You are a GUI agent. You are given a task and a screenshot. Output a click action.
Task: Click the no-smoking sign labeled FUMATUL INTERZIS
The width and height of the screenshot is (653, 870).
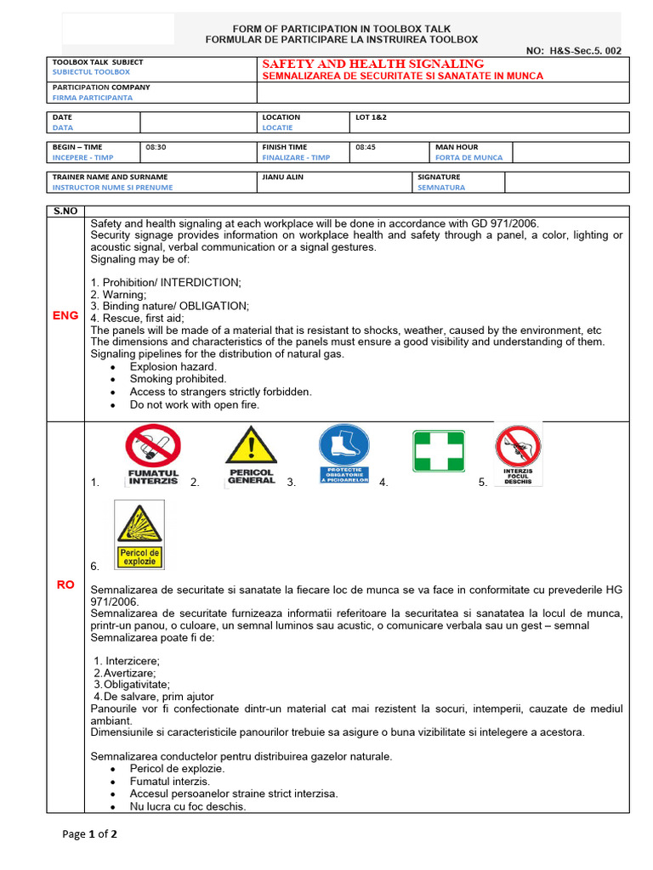(x=153, y=455)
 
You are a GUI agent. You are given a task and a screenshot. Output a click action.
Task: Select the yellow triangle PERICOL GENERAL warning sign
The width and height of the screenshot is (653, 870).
(x=251, y=455)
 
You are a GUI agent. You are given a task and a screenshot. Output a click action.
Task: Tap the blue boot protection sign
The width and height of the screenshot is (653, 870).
(x=344, y=455)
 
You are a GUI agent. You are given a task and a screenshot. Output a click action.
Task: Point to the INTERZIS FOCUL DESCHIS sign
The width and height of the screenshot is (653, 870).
(x=518, y=455)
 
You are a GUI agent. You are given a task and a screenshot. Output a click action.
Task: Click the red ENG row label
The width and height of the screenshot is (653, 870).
(x=65, y=315)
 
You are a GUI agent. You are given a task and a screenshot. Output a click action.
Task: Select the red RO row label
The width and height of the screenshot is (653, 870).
(x=65, y=585)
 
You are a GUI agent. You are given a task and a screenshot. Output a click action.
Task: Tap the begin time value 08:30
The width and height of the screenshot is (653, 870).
(x=156, y=147)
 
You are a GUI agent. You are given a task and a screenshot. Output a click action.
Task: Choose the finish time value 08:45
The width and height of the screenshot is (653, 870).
(x=366, y=147)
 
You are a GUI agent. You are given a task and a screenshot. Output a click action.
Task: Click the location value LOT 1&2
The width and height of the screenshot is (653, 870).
(x=371, y=117)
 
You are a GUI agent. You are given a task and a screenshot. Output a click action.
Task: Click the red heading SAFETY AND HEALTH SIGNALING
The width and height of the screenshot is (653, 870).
(x=373, y=64)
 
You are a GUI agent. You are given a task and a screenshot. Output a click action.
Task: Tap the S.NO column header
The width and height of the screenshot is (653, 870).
(x=65, y=211)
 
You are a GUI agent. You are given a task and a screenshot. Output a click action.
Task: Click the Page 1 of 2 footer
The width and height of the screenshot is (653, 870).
(x=89, y=834)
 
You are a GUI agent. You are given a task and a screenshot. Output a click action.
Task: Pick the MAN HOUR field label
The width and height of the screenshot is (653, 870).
(x=457, y=147)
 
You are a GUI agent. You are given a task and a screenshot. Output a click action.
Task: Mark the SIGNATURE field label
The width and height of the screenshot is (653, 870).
(x=439, y=178)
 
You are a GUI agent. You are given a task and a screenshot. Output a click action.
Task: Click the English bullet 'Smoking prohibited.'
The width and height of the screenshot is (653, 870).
(x=178, y=379)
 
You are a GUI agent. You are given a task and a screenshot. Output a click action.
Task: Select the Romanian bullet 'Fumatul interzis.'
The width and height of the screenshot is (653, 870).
(x=169, y=781)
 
